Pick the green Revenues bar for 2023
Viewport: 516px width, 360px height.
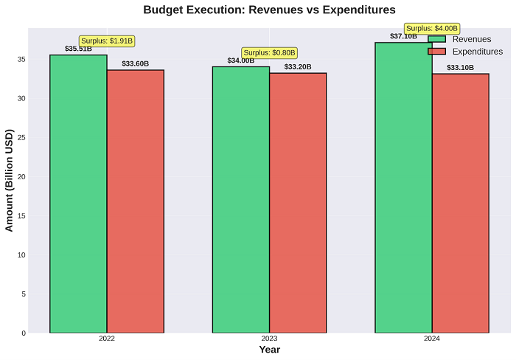click(x=241, y=199)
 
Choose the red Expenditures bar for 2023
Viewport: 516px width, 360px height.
click(x=298, y=202)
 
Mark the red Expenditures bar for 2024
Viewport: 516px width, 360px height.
click(x=461, y=203)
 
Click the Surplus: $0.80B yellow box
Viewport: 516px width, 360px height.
click(x=270, y=53)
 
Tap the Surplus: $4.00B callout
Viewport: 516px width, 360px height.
click(x=433, y=29)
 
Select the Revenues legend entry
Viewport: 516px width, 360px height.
click(x=464, y=39)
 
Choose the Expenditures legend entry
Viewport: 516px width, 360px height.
click(x=464, y=52)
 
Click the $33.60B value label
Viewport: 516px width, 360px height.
click(x=136, y=63)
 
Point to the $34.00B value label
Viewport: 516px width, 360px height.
click(x=241, y=60)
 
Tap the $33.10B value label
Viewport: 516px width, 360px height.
click(x=461, y=68)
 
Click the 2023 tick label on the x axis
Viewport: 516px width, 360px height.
click(x=270, y=339)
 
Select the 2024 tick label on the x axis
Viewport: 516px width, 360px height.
click(x=433, y=339)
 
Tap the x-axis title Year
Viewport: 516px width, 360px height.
click(x=270, y=350)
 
